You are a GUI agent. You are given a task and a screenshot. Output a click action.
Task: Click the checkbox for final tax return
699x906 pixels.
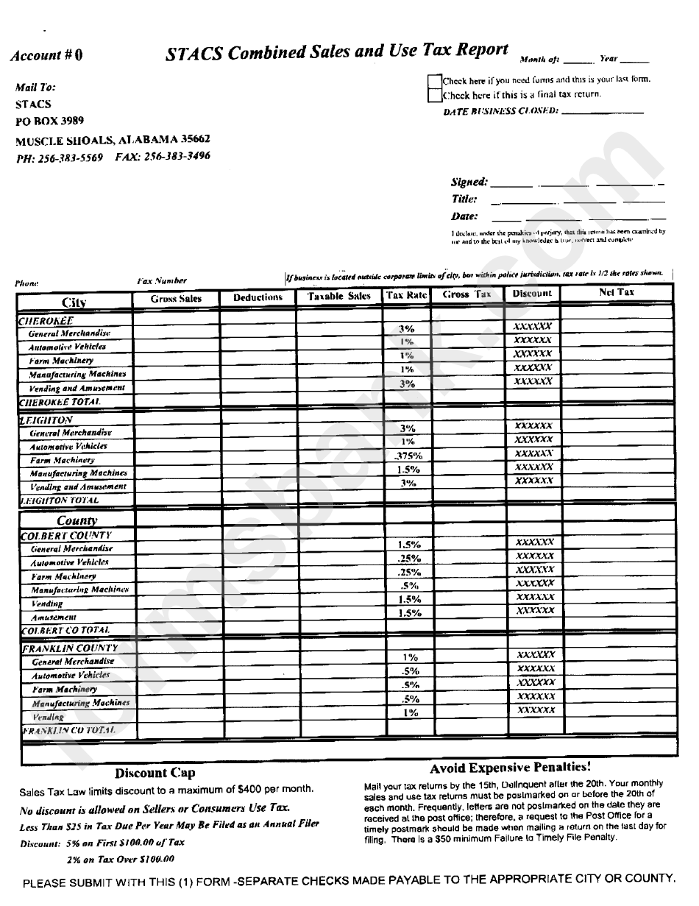point(434,95)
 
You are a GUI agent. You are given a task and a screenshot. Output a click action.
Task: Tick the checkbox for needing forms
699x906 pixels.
point(434,80)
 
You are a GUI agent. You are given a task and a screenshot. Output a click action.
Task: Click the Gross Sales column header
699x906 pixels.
point(176,298)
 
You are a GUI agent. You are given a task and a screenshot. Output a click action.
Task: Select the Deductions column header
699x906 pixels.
point(258,297)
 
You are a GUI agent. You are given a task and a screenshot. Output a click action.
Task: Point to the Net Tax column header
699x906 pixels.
point(616,292)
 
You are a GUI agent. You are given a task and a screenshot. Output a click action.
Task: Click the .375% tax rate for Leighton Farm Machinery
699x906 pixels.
point(408,456)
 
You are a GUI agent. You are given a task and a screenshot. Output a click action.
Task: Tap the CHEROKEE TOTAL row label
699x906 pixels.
point(60,402)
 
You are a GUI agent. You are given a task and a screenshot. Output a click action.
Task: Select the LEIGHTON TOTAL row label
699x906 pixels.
point(60,500)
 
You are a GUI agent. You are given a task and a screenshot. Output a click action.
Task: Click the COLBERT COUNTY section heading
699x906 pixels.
point(66,535)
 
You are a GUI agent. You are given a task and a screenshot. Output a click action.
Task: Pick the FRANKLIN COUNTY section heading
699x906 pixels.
point(70,648)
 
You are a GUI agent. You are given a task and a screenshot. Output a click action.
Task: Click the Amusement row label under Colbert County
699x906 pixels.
point(53,617)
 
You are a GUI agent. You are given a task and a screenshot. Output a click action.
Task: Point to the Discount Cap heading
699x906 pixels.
point(155,773)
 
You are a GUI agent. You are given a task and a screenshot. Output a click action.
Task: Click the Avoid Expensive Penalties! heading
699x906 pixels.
point(510,768)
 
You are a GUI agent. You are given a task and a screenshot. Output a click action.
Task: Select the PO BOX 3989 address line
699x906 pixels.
point(49,121)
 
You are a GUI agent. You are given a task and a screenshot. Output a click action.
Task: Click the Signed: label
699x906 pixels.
point(469,182)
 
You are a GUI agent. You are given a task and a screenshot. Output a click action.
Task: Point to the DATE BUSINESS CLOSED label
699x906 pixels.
point(500,111)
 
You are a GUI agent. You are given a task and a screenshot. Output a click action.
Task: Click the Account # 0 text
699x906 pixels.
point(47,55)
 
